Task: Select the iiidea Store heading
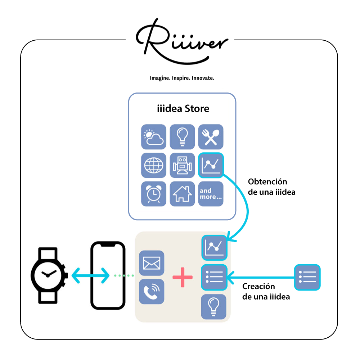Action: point(183,109)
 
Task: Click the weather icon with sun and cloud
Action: point(154,137)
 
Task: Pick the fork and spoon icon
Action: point(211,137)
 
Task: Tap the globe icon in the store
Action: point(154,165)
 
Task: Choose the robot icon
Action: point(182,165)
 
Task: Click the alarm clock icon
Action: point(154,194)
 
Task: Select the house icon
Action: point(182,194)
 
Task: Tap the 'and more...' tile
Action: point(211,194)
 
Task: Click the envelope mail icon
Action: point(152,263)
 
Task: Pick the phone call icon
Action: point(152,291)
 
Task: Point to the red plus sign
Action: point(183,277)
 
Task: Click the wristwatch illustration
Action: point(48,275)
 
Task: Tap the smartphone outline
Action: point(108,275)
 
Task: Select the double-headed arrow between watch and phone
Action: point(90,276)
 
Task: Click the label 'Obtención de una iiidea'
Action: point(271,186)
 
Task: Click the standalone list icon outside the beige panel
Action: point(307,277)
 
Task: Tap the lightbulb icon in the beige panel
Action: point(214,306)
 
